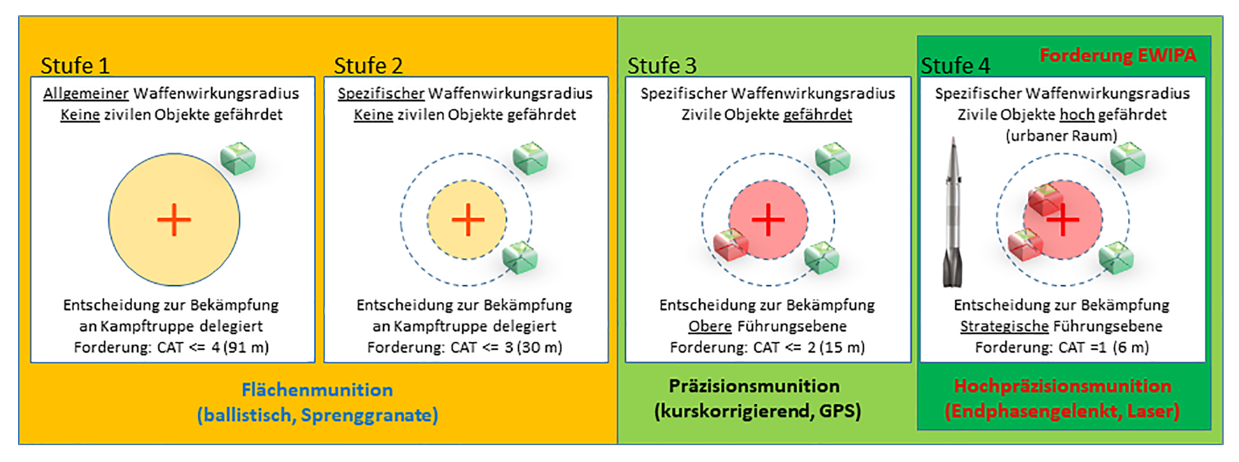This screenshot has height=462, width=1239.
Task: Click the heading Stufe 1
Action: [75, 66]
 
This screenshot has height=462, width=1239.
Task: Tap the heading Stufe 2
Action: [368, 66]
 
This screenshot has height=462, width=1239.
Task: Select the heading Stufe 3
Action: [662, 66]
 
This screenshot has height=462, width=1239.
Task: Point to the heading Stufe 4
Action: [955, 66]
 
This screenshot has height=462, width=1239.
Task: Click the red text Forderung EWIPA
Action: [1117, 55]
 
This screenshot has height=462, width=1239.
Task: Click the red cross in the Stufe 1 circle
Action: [174, 220]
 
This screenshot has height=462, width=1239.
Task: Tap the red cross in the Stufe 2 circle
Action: [468, 220]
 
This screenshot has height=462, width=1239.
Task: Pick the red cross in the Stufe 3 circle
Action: [768, 219]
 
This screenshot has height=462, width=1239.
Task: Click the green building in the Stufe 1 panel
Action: [238, 159]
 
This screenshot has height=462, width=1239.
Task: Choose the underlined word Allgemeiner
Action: [86, 94]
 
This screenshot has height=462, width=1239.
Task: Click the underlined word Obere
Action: [710, 326]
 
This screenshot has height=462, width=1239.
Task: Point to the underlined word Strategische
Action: [1004, 326]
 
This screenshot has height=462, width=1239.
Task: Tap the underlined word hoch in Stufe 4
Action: [1077, 115]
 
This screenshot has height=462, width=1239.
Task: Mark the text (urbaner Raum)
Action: [1061, 136]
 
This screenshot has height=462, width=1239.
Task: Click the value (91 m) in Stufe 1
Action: [246, 347]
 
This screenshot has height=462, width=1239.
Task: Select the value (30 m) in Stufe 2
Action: [539, 347]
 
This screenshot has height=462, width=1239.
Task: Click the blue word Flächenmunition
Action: [317, 390]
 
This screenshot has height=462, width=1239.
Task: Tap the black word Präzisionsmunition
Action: [754, 387]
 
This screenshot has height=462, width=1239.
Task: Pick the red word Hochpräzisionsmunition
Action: [1062, 387]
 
